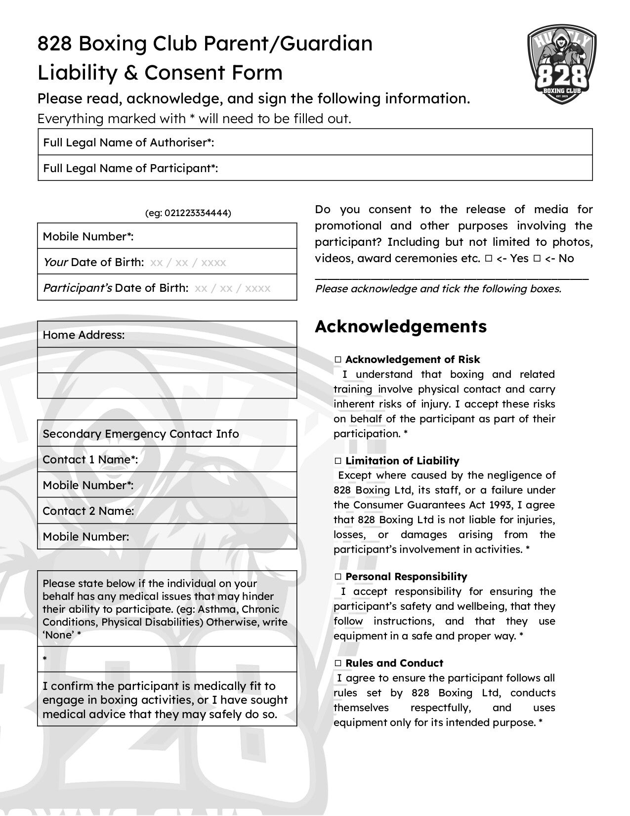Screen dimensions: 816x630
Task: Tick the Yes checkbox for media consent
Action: click(488, 259)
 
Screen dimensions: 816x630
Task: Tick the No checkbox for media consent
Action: click(537, 259)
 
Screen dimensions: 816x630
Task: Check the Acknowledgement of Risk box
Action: click(338, 360)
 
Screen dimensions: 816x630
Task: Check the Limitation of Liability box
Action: click(338, 461)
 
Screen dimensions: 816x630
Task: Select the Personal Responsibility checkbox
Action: click(338, 577)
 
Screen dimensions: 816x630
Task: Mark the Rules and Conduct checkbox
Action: click(338, 663)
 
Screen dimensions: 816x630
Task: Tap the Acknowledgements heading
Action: click(401, 326)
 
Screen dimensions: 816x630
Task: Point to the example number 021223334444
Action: click(196, 213)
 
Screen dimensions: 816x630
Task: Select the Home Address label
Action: click(84, 335)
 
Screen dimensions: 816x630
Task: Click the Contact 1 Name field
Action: click(215, 459)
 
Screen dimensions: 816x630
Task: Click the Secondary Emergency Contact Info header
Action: click(141, 434)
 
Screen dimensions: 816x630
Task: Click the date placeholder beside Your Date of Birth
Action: click(188, 262)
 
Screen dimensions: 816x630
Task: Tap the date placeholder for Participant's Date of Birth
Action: click(232, 288)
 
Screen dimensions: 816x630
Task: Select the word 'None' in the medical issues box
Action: click(59, 635)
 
